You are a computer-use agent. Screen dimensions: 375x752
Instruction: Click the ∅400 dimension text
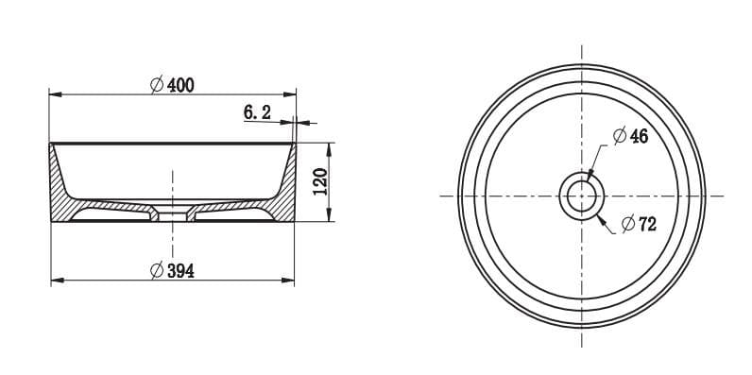(172, 85)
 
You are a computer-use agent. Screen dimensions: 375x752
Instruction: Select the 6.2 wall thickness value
(257, 112)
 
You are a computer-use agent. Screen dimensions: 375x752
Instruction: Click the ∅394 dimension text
(172, 271)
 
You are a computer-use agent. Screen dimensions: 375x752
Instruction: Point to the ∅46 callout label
(630, 137)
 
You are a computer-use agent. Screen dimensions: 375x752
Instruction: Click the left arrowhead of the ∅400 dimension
(55, 94)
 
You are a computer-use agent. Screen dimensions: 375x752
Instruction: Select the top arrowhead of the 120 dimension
(330, 147)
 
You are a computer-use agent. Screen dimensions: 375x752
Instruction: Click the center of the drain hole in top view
(581, 196)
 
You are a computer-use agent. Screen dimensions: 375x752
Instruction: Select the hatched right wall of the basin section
(282, 194)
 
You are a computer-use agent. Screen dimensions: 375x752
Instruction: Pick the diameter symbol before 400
(156, 85)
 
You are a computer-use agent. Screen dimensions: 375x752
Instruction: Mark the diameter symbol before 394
(156, 271)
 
